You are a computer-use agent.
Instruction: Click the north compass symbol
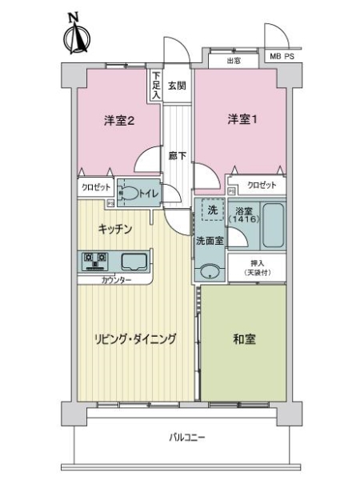78,36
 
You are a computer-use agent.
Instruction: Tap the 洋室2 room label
118,122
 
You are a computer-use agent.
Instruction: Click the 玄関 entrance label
177,85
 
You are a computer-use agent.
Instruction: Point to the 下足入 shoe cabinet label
156,86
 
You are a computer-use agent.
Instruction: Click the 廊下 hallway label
177,155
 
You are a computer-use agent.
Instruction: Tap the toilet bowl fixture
128,194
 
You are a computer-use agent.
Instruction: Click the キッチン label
114,228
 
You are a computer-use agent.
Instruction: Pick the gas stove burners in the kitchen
95,261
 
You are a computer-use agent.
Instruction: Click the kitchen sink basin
134,261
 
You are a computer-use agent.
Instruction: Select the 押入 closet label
255,267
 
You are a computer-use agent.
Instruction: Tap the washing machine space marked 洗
212,210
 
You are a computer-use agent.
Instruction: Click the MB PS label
281,56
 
